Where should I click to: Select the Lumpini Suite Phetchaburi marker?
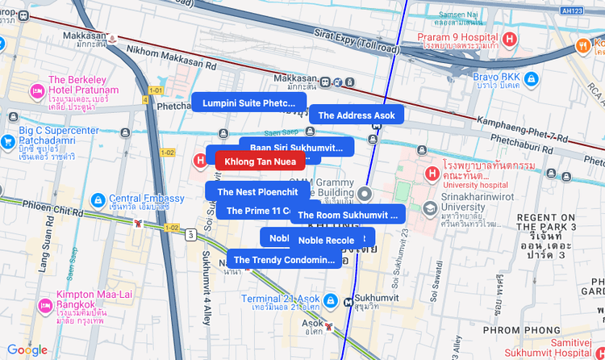248,103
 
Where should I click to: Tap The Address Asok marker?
356,115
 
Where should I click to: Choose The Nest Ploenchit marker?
257,191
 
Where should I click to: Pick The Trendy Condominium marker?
281,260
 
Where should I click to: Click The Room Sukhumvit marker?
348,216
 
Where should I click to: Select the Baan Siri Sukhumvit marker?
296,148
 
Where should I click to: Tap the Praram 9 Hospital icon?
509,39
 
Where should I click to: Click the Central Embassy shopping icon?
98,199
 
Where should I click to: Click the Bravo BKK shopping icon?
531,79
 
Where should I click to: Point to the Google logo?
27,350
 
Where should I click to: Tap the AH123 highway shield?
572,10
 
